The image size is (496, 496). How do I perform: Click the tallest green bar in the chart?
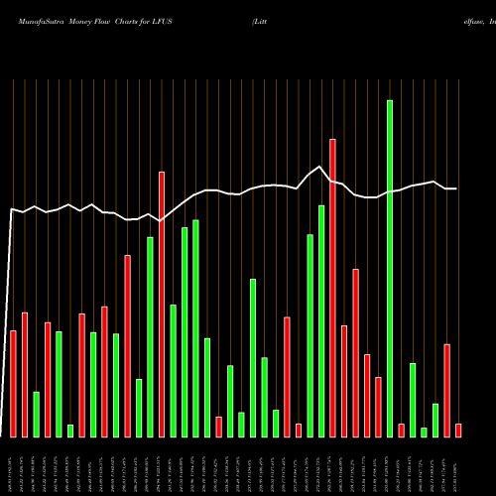[390, 268]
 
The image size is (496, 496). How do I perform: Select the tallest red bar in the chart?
[332, 288]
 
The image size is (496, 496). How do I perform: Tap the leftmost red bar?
[13, 383]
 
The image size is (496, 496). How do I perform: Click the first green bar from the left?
[36, 414]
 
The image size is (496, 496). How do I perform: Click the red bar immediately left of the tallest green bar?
[378, 407]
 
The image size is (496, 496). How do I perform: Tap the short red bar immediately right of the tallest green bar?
[401, 430]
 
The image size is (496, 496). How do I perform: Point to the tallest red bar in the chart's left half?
[162, 304]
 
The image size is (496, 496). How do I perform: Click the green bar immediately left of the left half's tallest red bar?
[150, 336]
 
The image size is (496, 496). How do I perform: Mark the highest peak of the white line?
[320, 167]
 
